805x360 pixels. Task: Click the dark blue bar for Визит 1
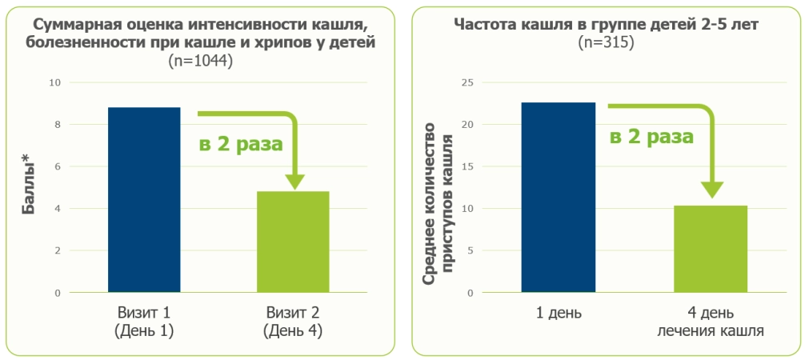pos(144,200)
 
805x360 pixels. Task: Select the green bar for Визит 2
pos(293,242)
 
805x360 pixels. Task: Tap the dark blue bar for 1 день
pos(558,198)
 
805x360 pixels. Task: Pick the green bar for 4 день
pos(711,249)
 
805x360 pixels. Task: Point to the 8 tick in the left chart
pos(57,125)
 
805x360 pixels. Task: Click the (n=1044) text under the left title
pos(200,61)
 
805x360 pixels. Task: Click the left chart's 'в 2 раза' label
pos(240,145)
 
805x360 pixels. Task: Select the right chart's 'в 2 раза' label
pos(651,137)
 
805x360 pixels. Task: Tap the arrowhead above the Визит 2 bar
pos(294,181)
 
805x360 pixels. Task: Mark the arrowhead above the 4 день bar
pos(711,191)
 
